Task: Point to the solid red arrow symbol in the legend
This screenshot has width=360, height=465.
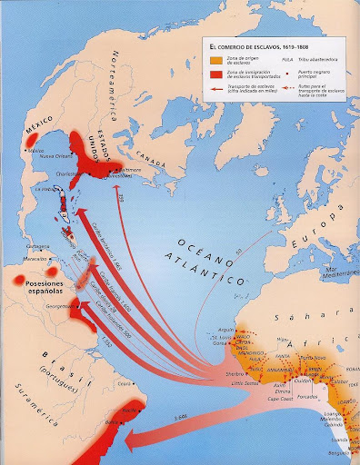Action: pyautogui.click(x=215, y=88)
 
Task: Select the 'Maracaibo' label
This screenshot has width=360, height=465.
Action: pyautogui.click(x=35, y=256)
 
